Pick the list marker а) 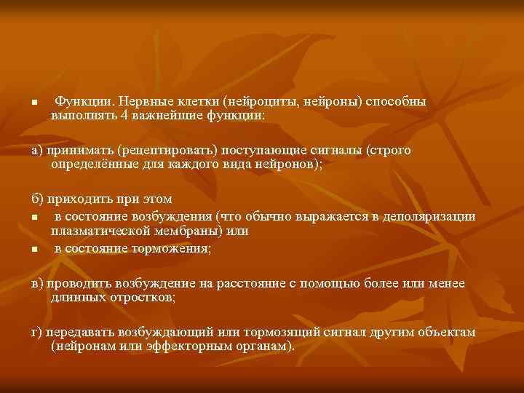(x=37, y=151)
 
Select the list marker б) (x=37, y=199)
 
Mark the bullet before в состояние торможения (x=33, y=250)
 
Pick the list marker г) (x=36, y=332)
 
